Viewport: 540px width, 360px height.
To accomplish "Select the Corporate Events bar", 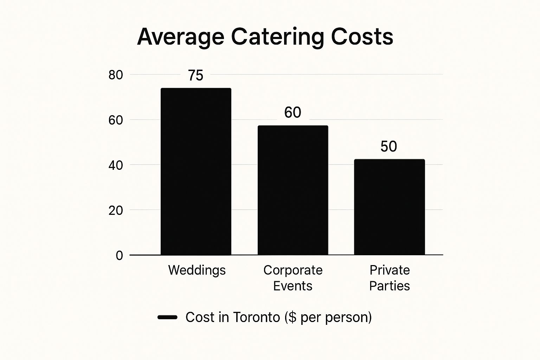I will point(293,190).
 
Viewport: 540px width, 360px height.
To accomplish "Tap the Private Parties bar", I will point(389,207).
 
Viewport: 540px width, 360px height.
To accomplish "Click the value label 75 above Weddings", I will point(195,76).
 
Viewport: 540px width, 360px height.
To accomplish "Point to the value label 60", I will point(292,112).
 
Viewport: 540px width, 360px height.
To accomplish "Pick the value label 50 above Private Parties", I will point(388,147).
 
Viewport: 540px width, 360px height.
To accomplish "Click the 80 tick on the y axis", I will point(116,75).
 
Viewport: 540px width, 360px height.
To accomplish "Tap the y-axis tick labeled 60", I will point(116,120).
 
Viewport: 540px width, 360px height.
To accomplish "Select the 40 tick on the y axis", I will point(116,165).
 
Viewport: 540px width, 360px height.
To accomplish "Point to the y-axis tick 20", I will point(116,210).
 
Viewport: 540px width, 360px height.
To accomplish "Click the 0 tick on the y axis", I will point(120,256).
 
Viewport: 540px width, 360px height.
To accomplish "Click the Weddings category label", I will point(197,270).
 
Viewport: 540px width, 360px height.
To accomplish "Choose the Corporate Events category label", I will point(293,278).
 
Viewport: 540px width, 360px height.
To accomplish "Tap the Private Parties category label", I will point(390,278).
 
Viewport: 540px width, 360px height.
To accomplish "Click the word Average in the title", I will point(181,37).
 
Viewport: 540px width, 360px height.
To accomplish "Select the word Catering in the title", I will point(277,37).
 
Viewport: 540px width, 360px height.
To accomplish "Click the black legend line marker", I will point(167,317).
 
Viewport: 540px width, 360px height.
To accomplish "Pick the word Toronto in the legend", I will point(256,317).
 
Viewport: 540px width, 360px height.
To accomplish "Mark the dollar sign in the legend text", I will point(292,317).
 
